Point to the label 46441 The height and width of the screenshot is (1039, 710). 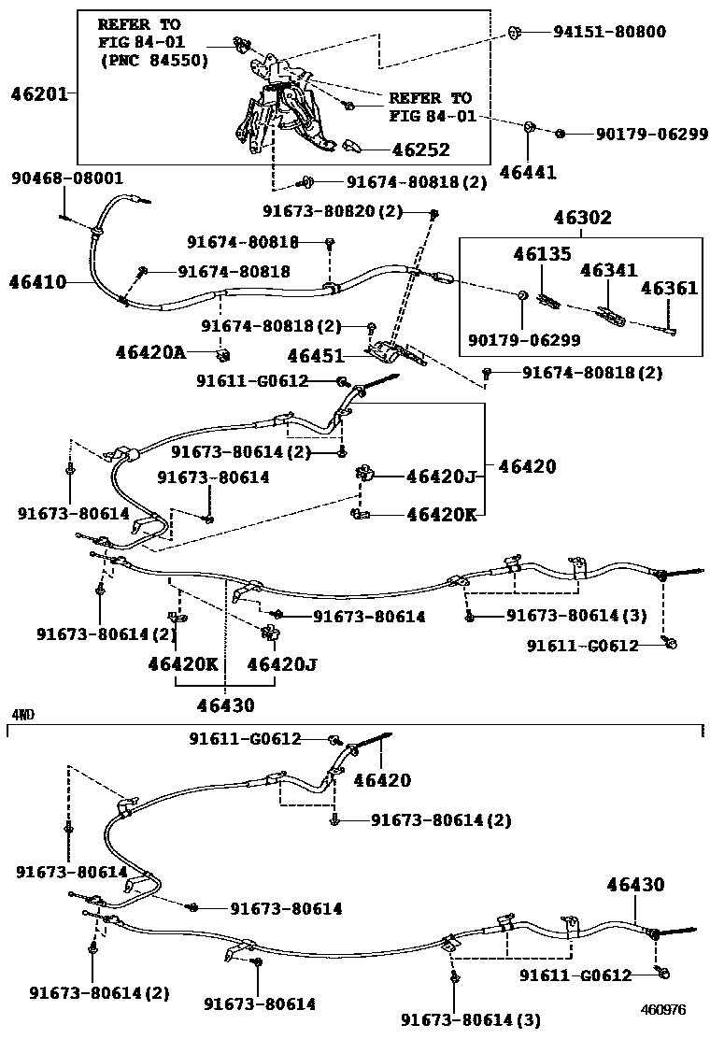528,171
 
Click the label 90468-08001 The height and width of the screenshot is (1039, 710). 67,178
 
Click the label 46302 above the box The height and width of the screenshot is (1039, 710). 582,219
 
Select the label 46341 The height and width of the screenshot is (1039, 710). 609,270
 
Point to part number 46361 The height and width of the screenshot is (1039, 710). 669,288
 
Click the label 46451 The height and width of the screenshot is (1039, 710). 317,356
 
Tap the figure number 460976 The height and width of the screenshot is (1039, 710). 663,1010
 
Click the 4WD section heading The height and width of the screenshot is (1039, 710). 22,715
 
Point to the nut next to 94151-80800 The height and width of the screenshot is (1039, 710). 515,34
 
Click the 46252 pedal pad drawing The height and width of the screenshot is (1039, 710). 353,146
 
